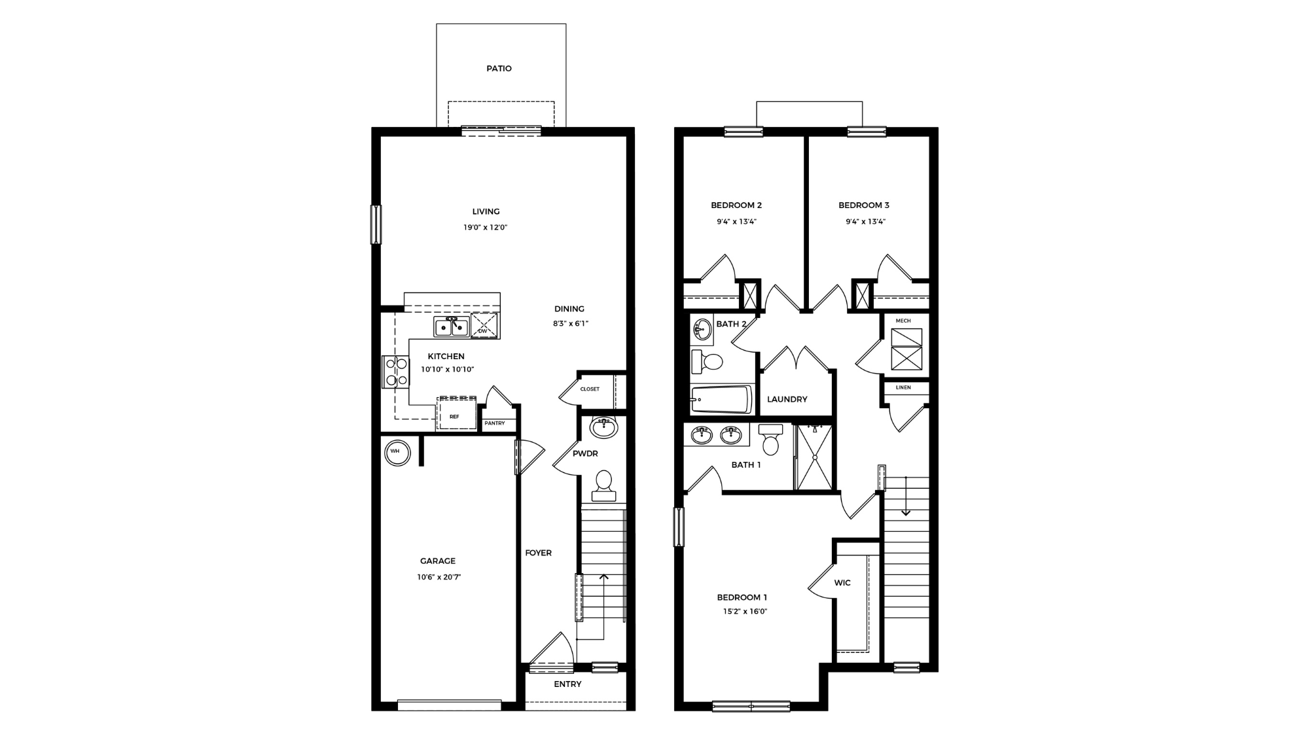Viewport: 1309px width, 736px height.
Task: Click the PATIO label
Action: (499, 69)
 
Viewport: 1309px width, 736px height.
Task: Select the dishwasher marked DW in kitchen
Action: (484, 326)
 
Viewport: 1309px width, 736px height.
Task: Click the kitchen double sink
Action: (452, 326)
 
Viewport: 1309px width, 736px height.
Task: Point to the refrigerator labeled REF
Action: (456, 414)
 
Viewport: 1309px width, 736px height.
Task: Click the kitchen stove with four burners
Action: (395, 372)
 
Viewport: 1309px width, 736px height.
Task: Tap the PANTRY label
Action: (495, 424)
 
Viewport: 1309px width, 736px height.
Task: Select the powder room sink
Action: (603, 427)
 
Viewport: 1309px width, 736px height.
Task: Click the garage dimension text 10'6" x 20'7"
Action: (439, 577)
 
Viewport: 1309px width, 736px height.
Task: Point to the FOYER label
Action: (538, 553)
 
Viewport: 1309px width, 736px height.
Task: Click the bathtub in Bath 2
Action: (721, 398)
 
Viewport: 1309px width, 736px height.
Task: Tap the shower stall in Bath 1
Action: (814, 457)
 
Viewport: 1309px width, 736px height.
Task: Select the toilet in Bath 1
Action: (771, 440)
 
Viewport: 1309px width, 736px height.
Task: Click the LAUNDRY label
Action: (787, 399)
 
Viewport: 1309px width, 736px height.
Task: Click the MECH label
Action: (903, 321)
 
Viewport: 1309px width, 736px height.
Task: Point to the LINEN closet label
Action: (903, 387)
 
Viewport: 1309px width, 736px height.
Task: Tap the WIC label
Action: (842, 583)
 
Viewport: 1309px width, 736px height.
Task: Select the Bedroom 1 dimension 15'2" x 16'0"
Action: (745, 612)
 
